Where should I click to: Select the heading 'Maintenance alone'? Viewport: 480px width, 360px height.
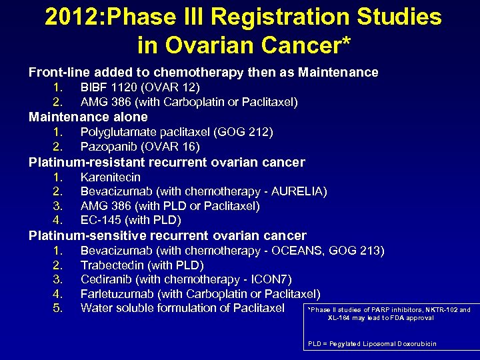88,117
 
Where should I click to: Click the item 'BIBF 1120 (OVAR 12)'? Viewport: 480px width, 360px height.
140,87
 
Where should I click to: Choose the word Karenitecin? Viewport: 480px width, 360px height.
111,177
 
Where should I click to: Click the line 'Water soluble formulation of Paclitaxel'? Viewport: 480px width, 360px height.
183,308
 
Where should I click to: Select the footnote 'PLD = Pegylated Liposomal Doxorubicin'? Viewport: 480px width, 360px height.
372,344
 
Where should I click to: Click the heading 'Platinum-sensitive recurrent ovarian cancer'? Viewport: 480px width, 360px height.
167,235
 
